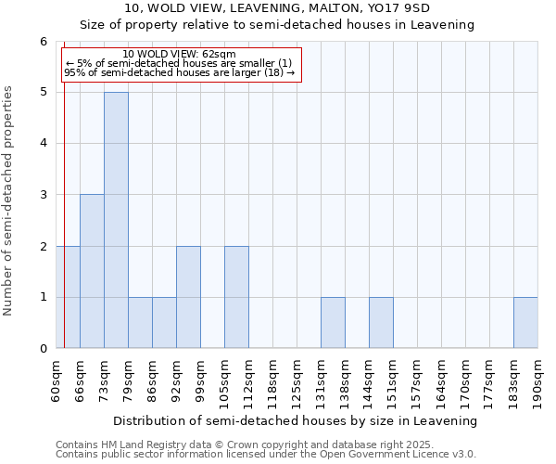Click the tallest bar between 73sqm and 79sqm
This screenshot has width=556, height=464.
116,220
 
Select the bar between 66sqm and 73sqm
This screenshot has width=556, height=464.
92,271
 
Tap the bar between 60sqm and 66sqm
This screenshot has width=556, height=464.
68,297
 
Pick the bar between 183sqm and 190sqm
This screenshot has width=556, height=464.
525,323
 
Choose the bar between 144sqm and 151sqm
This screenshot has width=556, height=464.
381,323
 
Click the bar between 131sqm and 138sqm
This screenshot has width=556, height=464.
333,323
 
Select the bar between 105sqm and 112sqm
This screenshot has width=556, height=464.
236,297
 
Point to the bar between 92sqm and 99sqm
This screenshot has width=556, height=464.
188,297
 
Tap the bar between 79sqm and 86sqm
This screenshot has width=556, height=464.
140,323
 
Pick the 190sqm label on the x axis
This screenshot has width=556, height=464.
537,380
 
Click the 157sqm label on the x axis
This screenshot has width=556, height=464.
417,380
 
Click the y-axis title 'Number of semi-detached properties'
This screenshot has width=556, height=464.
9,200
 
